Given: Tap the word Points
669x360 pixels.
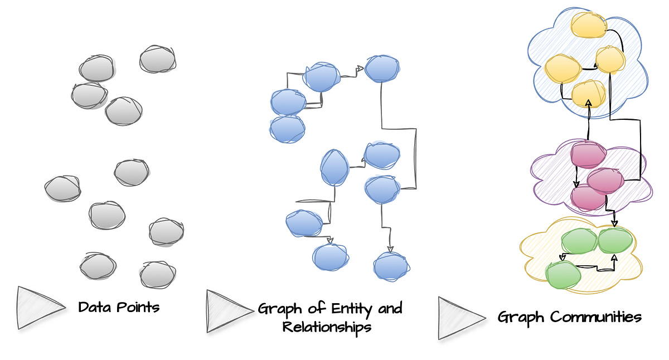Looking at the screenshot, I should point(139,307).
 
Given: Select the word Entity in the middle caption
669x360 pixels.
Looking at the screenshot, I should point(346,309).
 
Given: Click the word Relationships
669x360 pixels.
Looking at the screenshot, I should point(327,326).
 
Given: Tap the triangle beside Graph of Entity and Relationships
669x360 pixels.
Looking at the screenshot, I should point(227,311).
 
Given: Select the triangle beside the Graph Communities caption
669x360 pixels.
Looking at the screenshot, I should point(459,318).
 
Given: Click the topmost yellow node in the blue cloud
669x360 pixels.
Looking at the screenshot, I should point(589,25).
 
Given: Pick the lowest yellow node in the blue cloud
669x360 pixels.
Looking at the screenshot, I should point(589,93).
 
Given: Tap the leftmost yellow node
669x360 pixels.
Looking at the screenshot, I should point(563,68).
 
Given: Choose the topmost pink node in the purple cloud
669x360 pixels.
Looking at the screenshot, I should point(588,154).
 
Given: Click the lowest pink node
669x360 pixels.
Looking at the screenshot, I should point(588,197).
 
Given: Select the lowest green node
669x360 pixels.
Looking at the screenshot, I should point(563,275).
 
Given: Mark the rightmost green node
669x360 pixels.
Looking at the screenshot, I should point(615,240).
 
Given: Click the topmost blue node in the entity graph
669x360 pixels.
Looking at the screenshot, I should point(382,69).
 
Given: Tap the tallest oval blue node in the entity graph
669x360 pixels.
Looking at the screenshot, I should point(334,167).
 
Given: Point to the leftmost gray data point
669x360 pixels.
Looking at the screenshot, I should point(62,188).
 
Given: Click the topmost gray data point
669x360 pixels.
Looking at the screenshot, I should point(158,59).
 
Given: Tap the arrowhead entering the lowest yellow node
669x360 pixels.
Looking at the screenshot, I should point(589,103).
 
